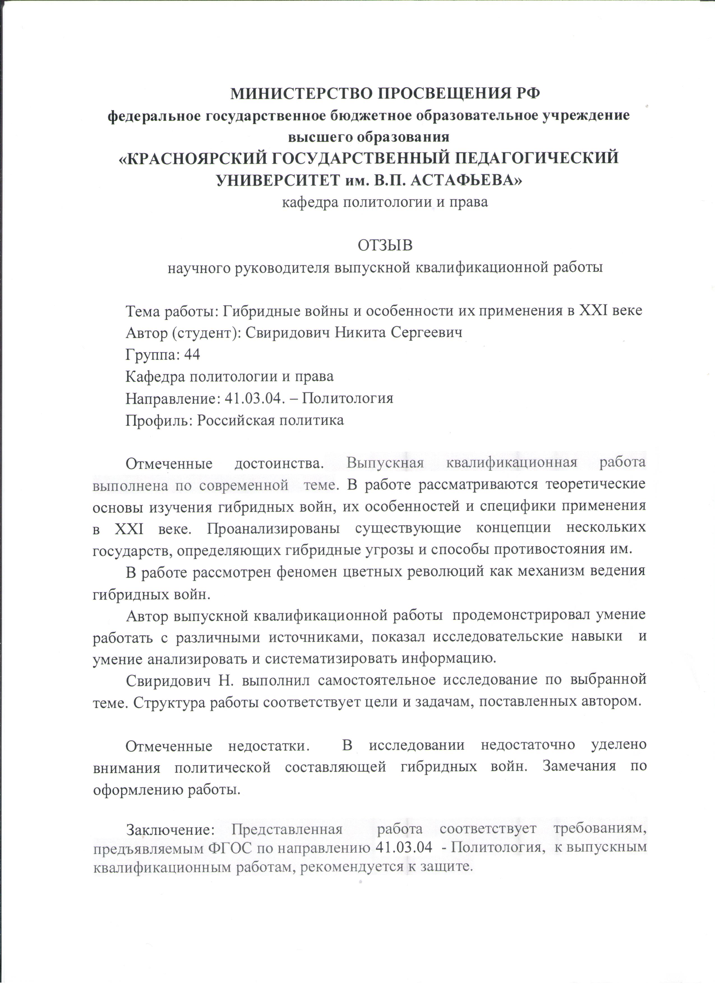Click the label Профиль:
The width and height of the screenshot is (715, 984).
point(158,420)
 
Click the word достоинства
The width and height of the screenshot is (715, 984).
point(279,463)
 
